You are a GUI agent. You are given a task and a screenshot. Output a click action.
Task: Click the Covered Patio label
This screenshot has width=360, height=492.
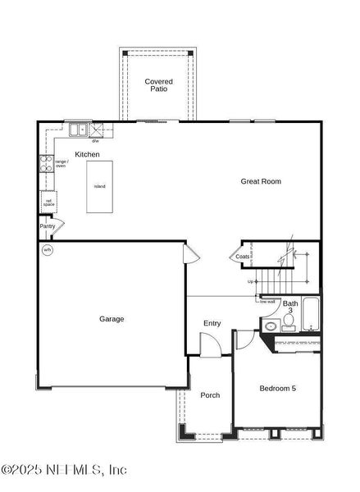(158, 85)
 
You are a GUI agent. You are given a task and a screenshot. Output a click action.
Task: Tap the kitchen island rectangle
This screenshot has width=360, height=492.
(99, 186)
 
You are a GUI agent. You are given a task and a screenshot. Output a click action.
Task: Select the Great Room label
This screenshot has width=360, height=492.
(261, 181)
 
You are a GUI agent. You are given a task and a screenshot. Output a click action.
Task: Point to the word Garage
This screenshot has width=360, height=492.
(112, 319)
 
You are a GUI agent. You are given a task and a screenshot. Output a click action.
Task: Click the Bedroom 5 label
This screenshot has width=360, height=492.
(277, 388)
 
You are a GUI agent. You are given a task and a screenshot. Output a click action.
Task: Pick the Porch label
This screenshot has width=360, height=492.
(210, 395)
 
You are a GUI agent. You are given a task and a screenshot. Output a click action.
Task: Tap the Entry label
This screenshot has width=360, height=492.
(212, 323)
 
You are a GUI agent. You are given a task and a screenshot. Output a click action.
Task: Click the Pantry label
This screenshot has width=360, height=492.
(47, 225)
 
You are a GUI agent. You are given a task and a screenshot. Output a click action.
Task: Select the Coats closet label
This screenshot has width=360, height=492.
(243, 257)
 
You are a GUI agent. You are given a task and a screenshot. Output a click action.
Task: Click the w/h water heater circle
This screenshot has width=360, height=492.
(48, 250)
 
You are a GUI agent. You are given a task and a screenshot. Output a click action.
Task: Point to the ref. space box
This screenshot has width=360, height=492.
(49, 201)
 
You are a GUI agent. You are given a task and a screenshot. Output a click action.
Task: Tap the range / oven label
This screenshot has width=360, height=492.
(62, 164)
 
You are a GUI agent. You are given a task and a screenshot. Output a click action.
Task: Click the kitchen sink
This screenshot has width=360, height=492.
(80, 130)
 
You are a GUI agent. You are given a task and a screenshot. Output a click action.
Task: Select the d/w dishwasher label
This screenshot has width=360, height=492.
(95, 141)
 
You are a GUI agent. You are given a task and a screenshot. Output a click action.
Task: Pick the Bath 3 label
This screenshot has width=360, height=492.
(290, 307)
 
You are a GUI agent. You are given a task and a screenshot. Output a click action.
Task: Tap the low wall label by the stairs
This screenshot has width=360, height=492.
(267, 301)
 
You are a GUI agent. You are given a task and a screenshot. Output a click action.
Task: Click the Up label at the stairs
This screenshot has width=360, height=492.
(250, 282)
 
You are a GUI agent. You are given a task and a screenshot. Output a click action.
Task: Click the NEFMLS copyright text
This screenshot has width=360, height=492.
(64, 470)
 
